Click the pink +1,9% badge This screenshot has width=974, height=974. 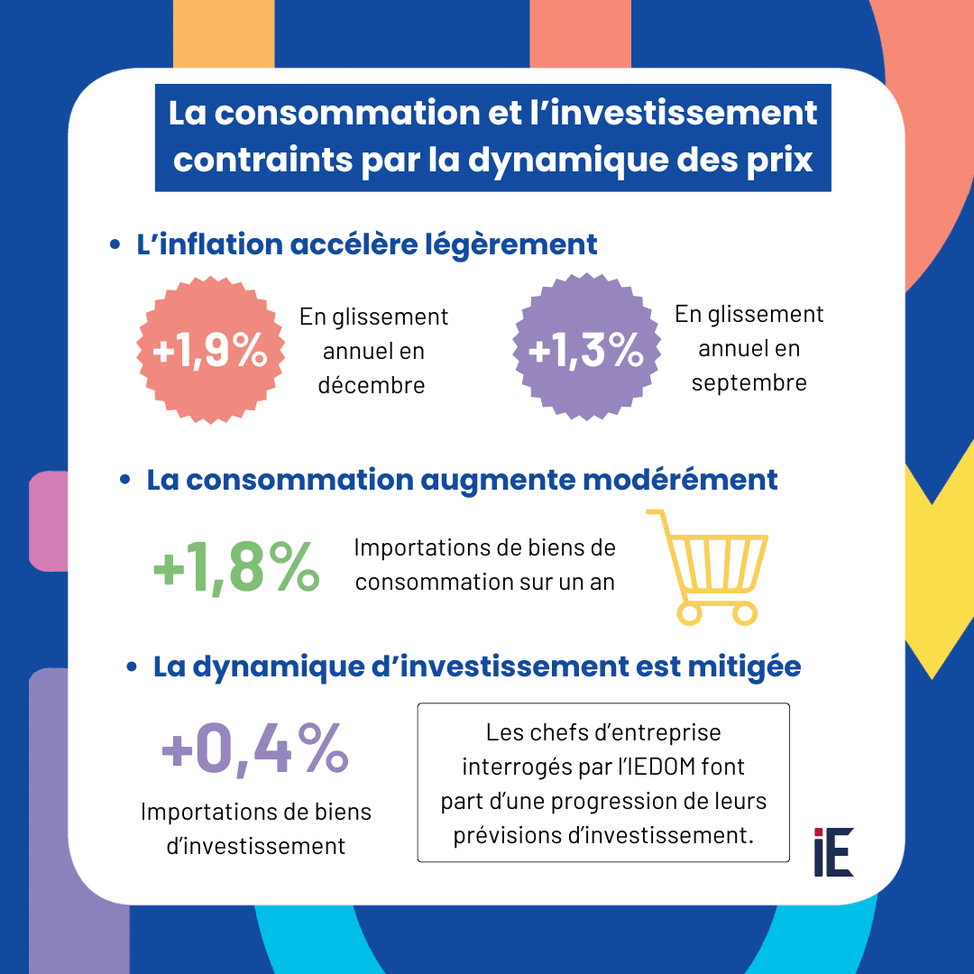(209, 351)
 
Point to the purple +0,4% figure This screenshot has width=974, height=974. (255, 750)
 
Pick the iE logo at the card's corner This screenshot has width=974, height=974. (832, 852)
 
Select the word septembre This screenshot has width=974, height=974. (749, 382)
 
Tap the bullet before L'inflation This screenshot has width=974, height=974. (115, 245)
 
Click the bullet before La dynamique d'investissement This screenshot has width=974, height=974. (132, 667)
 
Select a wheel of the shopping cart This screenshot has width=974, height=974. (687, 613)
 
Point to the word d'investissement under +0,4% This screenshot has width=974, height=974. (256, 846)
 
